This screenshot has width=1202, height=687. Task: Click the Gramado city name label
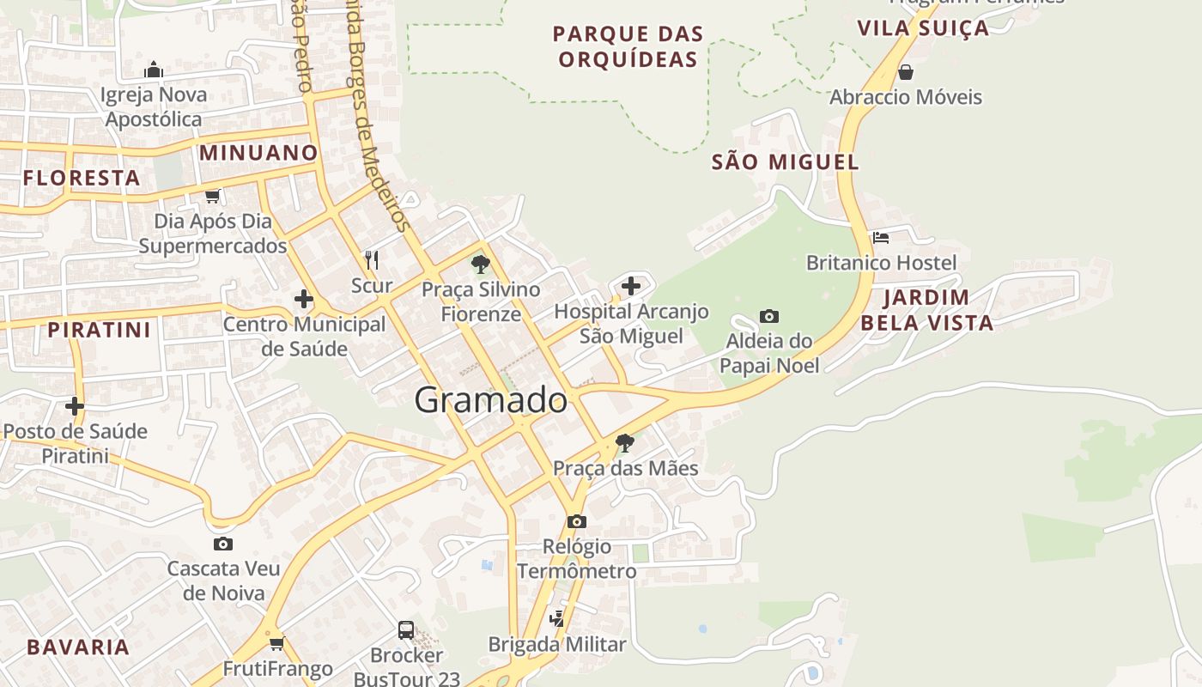[x=490, y=400]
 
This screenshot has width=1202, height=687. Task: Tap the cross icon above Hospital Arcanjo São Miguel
[x=631, y=286]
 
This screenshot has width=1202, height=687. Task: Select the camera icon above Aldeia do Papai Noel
[x=769, y=316]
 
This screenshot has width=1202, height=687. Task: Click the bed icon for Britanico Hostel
[x=880, y=238]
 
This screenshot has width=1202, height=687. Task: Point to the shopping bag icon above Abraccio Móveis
[x=905, y=72]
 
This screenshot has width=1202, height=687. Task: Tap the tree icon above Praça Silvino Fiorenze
[x=481, y=264]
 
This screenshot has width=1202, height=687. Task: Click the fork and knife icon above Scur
[x=372, y=259]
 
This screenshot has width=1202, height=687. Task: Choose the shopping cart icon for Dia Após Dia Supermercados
[x=212, y=197]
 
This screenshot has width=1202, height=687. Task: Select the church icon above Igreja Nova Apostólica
[x=154, y=70]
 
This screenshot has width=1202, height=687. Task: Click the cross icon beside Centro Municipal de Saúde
[x=303, y=300]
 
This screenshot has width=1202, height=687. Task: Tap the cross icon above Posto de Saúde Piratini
[x=75, y=405]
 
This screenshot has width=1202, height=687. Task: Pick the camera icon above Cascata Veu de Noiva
[x=223, y=544]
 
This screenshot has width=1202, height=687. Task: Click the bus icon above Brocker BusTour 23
[x=406, y=630]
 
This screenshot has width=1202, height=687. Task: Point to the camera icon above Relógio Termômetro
[x=577, y=521]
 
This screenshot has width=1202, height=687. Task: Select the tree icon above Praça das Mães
[x=625, y=443]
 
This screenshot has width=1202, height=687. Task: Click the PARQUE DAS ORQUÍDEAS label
[x=628, y=46]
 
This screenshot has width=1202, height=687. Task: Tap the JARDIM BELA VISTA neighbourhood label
[x=926, y=310]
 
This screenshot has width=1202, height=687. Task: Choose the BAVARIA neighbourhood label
[x=78, y=647]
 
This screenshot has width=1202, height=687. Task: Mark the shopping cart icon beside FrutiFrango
[x=276, y=643]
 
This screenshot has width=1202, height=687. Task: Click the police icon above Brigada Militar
[x=557, y=618]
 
